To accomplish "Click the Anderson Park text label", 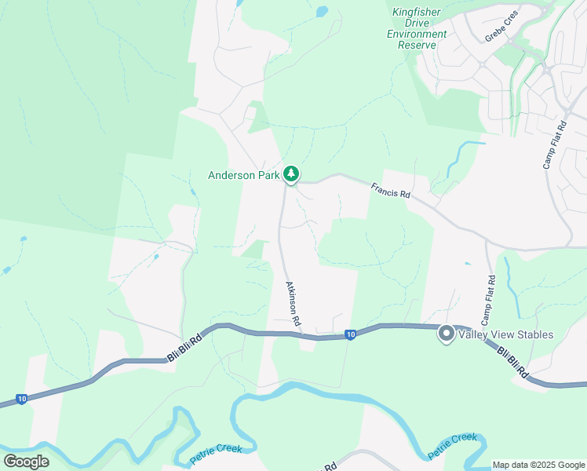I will (243, 176).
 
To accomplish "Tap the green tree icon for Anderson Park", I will (291, 173).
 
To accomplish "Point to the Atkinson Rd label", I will (293, 304).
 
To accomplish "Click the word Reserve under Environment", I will (417, 45).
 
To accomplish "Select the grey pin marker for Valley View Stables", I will (446, 334).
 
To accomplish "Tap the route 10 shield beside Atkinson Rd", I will (350, 334).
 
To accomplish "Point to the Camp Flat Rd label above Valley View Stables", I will (487, 301).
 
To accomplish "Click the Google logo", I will (26, 461).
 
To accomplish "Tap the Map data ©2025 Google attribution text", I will (538, 465).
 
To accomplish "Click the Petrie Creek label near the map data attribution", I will (452, 446).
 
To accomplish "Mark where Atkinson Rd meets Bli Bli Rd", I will (299, 334).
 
